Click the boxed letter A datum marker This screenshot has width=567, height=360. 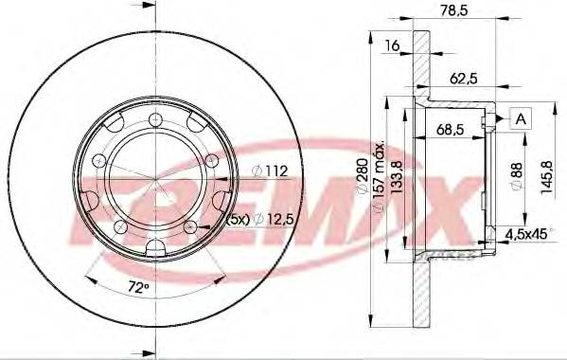coord(520,117)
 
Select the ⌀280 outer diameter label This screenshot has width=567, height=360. coord(361,177)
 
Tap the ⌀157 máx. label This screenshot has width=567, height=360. coord(379,177)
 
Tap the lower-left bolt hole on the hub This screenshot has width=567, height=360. coord(117,226)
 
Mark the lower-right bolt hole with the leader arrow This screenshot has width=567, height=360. coord(189,227)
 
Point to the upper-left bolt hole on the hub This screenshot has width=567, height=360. coord(96,159)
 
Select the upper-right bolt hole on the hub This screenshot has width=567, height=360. coord(212,159)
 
